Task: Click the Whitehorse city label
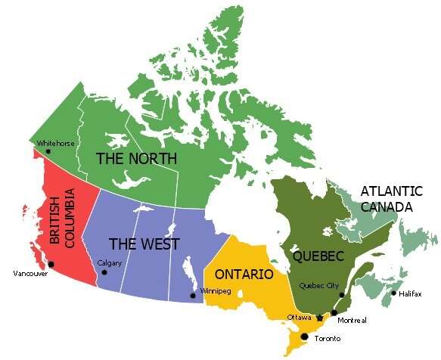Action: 55,143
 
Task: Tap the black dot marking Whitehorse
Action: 48,151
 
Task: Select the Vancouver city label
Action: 30,273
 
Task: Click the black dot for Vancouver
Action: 51,264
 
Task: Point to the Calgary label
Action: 110,263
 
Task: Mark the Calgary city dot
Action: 104,272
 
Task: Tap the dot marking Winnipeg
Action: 193,295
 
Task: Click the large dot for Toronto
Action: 305,337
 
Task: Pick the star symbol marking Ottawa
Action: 319,317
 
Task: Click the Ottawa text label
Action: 300,317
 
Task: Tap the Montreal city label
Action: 352,321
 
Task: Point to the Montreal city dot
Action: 334,312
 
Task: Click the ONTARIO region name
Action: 244,274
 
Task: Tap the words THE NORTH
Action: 136,159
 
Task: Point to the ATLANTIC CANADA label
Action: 387,198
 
